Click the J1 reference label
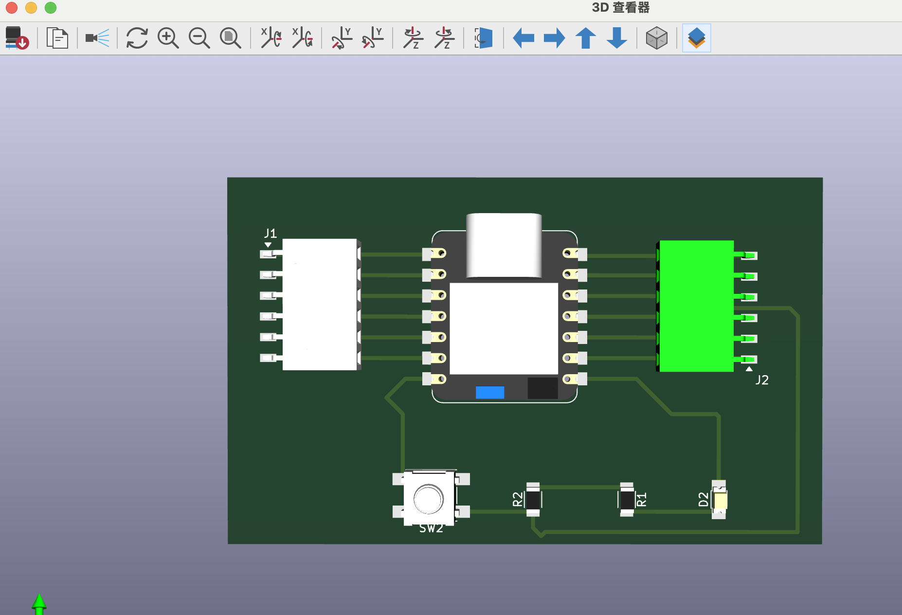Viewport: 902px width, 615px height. pos(270,233)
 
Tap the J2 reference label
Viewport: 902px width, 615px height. pos(762,380)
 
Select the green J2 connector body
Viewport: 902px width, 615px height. pos(696,306)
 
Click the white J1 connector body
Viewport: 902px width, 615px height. pos(319,304)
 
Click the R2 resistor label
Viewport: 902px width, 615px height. pos(518,499)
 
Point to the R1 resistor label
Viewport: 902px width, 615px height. pos(642,500)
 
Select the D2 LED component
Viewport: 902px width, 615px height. pos(720,500)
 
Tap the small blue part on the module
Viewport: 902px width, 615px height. pos(489,392)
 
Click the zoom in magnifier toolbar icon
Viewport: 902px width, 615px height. pos(168,38)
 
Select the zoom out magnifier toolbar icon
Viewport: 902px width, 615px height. pos(199,38)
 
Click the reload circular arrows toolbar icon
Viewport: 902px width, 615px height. pos(137,38)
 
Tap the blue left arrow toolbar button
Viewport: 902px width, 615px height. pos(523,38)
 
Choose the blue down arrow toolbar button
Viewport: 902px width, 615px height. pos(617,38)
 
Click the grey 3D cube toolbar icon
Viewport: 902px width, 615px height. pos(656,38)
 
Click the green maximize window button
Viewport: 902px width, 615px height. pos(51,8)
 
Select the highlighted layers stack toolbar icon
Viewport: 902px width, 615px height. pos(696,38)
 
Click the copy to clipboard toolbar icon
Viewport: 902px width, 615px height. pos(57,38)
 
